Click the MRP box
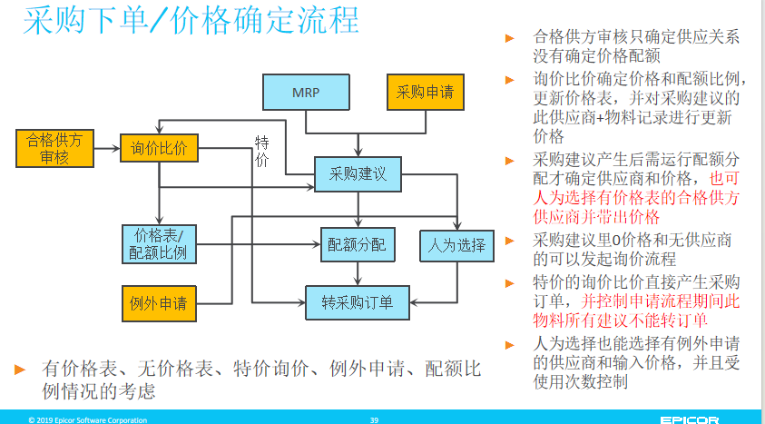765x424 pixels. click(306, 93)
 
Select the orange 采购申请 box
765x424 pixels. click(425, 93)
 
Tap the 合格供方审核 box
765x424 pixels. click(54, 148)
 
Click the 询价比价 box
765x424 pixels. click(159, 148)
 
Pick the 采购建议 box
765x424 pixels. click(358, 174)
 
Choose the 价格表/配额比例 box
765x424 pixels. click(159, 244)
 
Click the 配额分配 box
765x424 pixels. click(358, 244)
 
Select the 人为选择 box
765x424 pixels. click(456, 245)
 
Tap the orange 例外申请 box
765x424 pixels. click(159, 303)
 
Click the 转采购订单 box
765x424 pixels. click(358, 302)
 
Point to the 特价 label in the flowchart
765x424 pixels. click(261, 152)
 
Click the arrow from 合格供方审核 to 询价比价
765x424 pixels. click(107, 148)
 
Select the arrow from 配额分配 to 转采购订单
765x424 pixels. click(358, 273)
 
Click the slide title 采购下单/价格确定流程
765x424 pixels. click(191, 21)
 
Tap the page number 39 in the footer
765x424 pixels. click(374, 419)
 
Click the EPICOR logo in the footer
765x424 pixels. click(690, 419)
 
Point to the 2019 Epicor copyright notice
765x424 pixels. click(87, 419)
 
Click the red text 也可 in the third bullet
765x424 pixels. click(724, 179)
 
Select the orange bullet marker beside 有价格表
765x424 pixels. click(20, 370)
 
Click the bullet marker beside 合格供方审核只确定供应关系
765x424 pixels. click(510, 38)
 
